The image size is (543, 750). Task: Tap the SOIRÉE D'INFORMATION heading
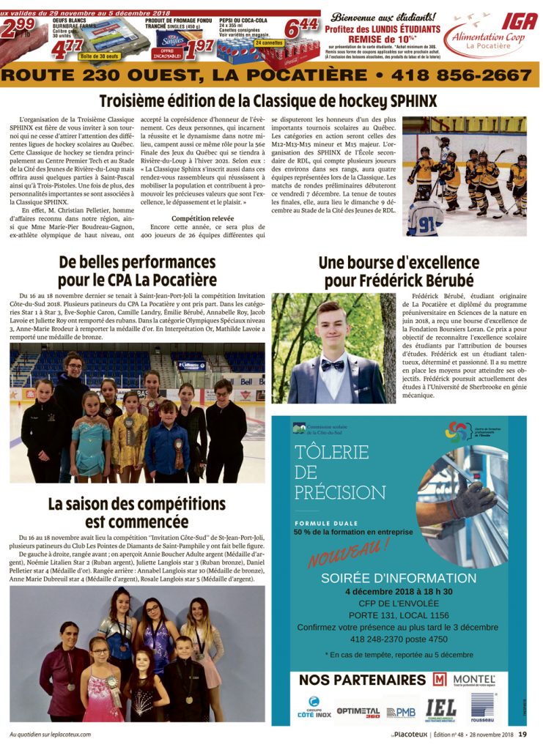click(399, 578)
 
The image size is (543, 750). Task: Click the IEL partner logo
click(440, 708)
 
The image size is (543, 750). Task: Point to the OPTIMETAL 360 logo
click(358, 711)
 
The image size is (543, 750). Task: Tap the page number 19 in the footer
click(522, 734)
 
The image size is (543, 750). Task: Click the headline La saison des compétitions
click(136, 504)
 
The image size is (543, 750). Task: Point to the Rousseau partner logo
click(483, 708)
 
